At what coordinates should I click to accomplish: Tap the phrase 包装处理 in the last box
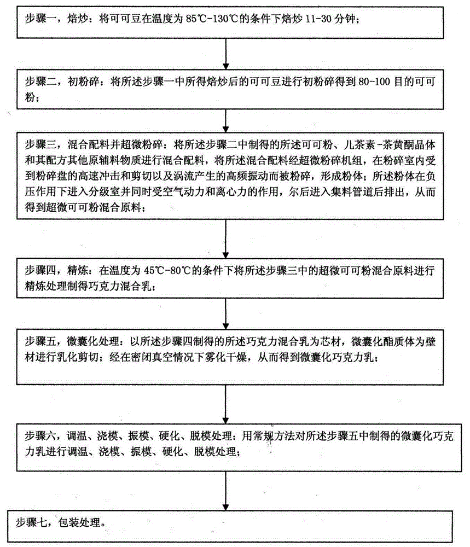tap(79, 522)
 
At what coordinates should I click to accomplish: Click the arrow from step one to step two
tap(226, 54)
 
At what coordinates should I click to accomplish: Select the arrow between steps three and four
tap(226, 239)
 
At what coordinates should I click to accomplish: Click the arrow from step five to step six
tap(226, 405)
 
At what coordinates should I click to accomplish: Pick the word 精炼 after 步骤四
tap(78, 270)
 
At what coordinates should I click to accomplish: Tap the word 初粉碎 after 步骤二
tap(83, 82)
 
